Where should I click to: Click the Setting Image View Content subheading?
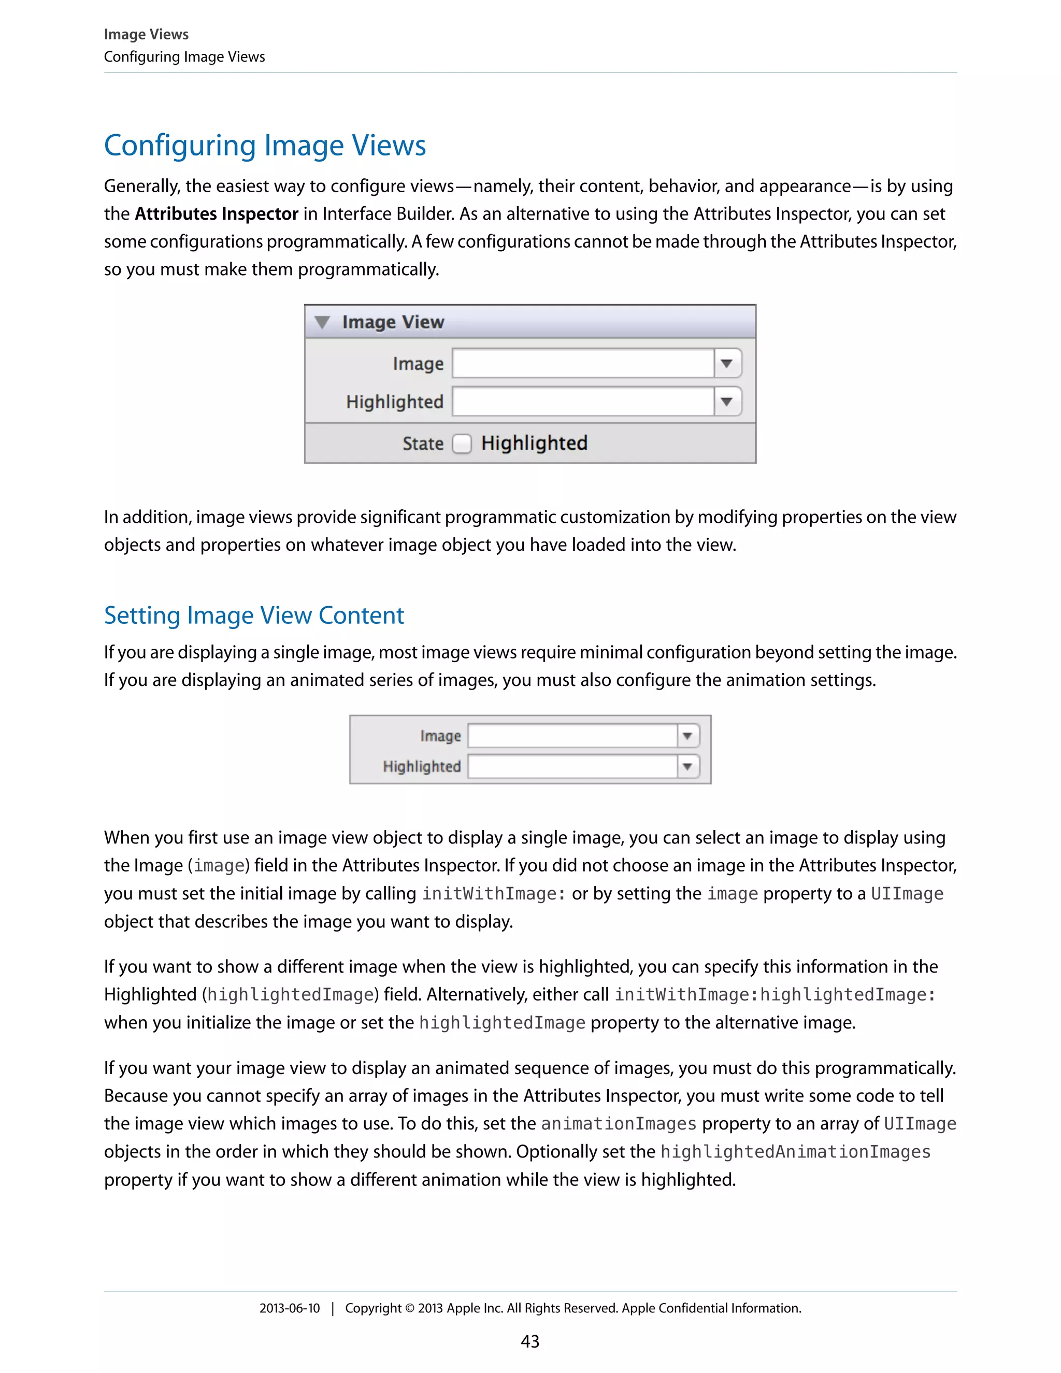click(254, 615)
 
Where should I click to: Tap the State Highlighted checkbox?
click(462, 444)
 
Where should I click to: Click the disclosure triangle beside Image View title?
click(322, 322)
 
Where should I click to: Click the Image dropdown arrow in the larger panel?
click(727, 363)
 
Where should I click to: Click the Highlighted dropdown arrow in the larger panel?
click(727, 402)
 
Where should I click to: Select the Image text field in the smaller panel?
click(572, 736)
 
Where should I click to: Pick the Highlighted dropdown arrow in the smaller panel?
click(687, 766)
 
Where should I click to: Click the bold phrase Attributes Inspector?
click(216, 214)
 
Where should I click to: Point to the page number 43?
click(530, 1341)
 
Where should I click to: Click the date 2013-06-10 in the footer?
click(289, 1308)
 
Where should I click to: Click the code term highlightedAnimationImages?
click(795, 1152)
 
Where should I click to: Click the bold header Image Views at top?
click(146, 34)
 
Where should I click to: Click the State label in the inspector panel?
click(423, 444)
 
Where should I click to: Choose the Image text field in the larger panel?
click(583, 363)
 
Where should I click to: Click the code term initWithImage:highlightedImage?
click(775, 995)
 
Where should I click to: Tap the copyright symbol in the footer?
click(410, 1309)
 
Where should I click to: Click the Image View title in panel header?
click(393, 322)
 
